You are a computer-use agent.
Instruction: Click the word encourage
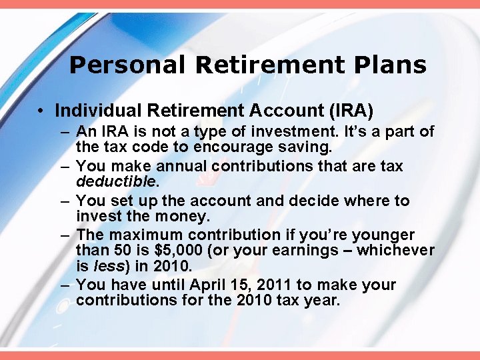click(x=244, y=147)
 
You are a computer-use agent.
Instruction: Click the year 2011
click(x=272, y=285)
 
